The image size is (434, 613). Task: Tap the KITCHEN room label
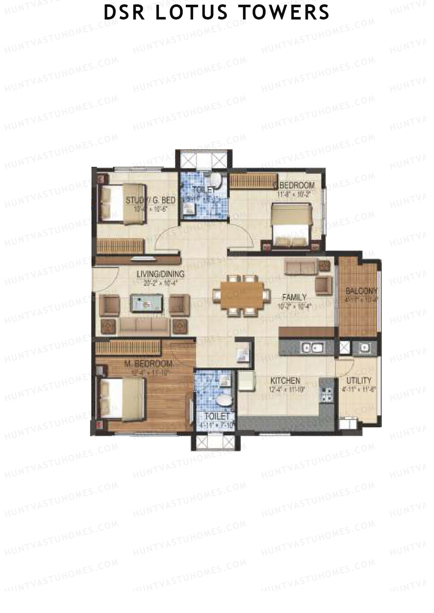(285, 381)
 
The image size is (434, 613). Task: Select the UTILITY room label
(359, 380)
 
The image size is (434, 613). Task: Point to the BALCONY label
(361, 291)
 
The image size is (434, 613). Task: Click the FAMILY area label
(294, 297)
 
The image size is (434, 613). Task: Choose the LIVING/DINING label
(161, 274)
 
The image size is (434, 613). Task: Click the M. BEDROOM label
(148, 363)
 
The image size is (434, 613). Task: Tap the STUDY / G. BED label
(151, 200)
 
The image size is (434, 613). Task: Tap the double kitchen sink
(312, 347)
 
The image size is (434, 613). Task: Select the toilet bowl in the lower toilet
(224, 401)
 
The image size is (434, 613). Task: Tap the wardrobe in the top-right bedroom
(253, 181)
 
